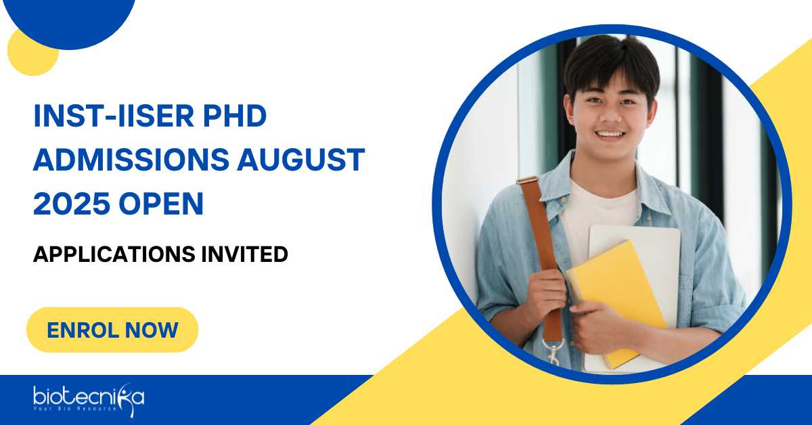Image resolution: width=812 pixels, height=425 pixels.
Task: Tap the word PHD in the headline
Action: (x=235, y=116)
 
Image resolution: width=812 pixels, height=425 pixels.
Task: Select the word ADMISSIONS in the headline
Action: (x=131, y=159)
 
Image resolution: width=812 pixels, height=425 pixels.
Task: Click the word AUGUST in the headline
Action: (x=301, y=159)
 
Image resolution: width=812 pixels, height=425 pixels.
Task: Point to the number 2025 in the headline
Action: (x=72, y=203)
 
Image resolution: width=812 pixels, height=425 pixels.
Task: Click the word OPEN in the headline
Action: (x=161, y=203)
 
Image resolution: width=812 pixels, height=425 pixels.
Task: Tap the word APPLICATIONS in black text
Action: (x=114, y=254)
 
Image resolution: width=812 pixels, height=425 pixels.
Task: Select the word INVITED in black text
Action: (x=245, y=254)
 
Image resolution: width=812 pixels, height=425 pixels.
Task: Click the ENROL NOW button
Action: (x=112, y=330)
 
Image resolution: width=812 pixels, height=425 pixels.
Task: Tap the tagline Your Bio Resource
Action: (x=75, y=409)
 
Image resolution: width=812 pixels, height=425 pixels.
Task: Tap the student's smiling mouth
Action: (x=610, y=135)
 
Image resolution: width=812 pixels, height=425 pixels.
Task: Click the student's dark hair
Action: (x=612, y=62)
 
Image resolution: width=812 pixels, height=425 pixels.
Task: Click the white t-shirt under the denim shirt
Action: (x=598, y=210)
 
